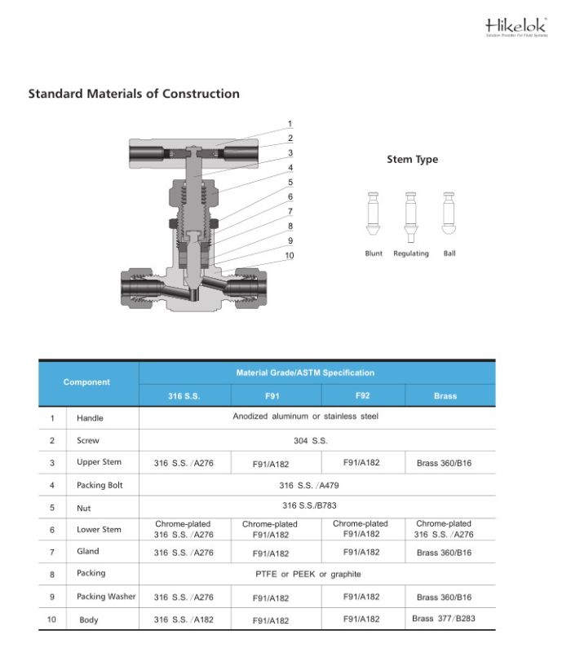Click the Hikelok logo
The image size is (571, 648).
(513, 27)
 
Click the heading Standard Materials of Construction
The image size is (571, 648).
(134, 94)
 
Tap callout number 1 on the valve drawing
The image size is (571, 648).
(290, 124)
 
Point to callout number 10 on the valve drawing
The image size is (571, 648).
(290, 256)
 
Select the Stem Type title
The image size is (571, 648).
(412, 160)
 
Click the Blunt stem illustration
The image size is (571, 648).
(373, 215)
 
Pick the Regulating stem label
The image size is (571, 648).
(411, 253)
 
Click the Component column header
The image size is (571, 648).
(86, 381)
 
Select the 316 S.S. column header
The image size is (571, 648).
(184, 396)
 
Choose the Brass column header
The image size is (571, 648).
(445, 396)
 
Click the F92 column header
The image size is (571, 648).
(363, 395)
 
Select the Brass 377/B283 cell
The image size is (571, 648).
(444, 619)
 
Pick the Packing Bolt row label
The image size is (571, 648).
(100, 485)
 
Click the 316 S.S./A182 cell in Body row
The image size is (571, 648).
(184, 619)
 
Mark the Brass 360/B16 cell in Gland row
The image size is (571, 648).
(444, 553)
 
